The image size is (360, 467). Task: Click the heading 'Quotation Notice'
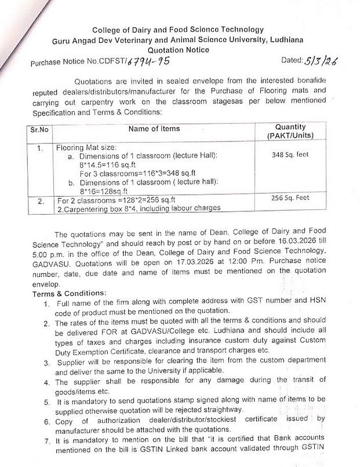[179, 50]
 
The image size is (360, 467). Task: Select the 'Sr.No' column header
[39, 129]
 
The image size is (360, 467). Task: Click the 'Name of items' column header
[154, 129]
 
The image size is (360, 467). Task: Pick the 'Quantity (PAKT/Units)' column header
[290, 131]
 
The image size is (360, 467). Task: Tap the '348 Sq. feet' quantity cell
[290, 155]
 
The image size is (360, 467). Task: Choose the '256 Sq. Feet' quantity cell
[290, 197]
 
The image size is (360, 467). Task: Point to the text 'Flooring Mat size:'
[88, 149]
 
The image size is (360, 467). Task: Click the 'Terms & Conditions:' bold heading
[70, 293]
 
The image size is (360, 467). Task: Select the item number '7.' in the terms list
[47, 440]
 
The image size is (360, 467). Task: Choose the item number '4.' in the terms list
[47, 382]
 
